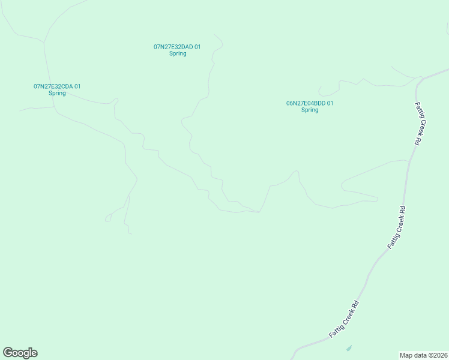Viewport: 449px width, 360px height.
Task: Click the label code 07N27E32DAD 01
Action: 177,46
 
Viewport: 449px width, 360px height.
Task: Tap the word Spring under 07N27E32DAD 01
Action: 178,53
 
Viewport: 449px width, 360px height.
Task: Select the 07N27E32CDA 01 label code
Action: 57,86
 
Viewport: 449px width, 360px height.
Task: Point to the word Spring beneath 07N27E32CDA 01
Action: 57,94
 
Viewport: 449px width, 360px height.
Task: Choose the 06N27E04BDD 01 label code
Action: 310,103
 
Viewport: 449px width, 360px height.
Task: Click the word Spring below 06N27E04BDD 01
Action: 310,110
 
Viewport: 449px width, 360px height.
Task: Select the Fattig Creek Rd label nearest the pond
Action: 344,319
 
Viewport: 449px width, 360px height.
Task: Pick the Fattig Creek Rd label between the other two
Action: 397,228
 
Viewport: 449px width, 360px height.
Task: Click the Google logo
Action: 20,353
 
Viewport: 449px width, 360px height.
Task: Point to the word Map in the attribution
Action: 406,355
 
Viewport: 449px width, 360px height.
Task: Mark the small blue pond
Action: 349,348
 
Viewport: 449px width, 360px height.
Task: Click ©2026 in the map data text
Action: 436,355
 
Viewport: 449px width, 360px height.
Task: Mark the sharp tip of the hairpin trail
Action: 377,198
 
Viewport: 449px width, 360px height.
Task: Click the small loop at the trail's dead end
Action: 108,218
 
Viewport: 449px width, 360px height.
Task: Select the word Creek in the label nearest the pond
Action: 344,319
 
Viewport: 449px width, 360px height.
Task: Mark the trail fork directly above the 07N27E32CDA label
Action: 44,42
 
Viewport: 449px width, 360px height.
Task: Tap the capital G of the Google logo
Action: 8,353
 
